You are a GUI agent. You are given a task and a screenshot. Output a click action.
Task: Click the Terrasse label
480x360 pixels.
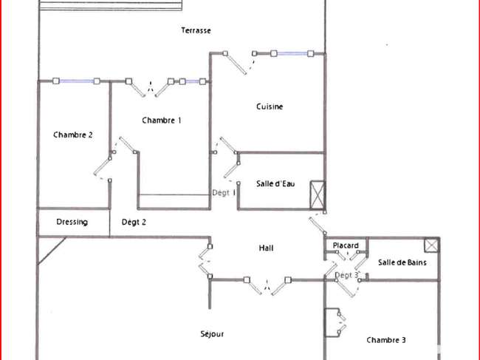196,30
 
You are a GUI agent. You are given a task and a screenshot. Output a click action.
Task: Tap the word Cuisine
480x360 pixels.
270,106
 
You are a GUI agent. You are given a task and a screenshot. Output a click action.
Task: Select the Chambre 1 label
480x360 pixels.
162,120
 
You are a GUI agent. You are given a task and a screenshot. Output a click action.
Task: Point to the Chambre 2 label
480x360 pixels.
73,135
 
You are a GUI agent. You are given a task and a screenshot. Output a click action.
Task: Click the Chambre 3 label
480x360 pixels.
386,340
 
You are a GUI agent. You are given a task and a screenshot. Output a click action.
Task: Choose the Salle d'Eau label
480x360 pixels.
275,183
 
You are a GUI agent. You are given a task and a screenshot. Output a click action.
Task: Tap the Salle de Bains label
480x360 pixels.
402,262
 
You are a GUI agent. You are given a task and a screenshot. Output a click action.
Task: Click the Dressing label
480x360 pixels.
72,222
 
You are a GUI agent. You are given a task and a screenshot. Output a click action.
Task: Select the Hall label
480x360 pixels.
266,248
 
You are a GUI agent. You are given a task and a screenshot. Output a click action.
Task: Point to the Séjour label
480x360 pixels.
212,333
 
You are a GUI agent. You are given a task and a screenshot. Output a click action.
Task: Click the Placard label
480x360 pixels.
346,245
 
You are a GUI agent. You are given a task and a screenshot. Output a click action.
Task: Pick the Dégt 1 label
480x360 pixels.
224,193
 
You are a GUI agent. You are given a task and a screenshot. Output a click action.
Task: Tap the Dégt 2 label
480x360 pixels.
134,222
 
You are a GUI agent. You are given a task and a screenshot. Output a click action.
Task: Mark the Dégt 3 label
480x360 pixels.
346,275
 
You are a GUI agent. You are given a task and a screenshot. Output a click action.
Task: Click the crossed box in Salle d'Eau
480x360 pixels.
318,195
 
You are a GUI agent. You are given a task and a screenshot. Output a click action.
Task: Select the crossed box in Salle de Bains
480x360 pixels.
432,245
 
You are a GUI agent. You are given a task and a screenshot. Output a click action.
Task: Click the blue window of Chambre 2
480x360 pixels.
76,81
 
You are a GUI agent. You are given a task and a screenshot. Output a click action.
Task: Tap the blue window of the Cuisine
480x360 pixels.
292,54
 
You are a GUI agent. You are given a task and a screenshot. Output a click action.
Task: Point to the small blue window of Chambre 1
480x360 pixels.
193,81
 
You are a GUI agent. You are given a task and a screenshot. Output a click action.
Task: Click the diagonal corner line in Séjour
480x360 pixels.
52,251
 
